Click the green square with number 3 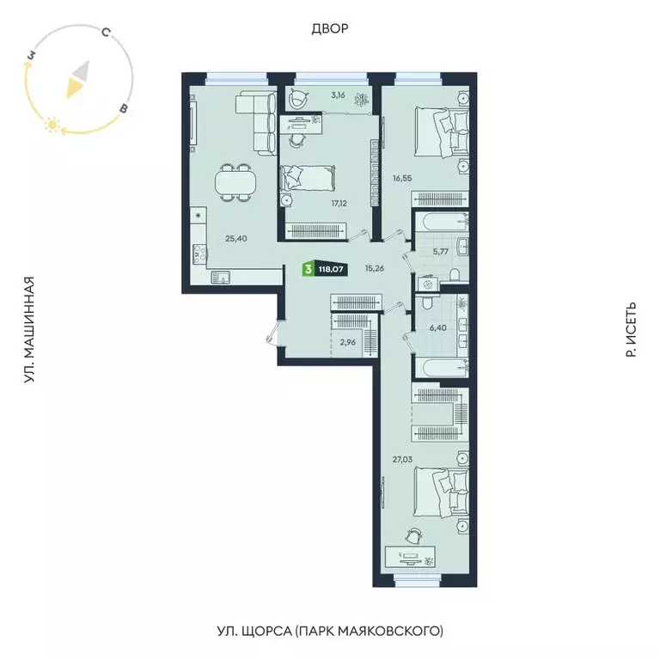307,269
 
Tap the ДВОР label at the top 329,29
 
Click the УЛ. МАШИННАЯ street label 29,330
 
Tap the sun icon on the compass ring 52,125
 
